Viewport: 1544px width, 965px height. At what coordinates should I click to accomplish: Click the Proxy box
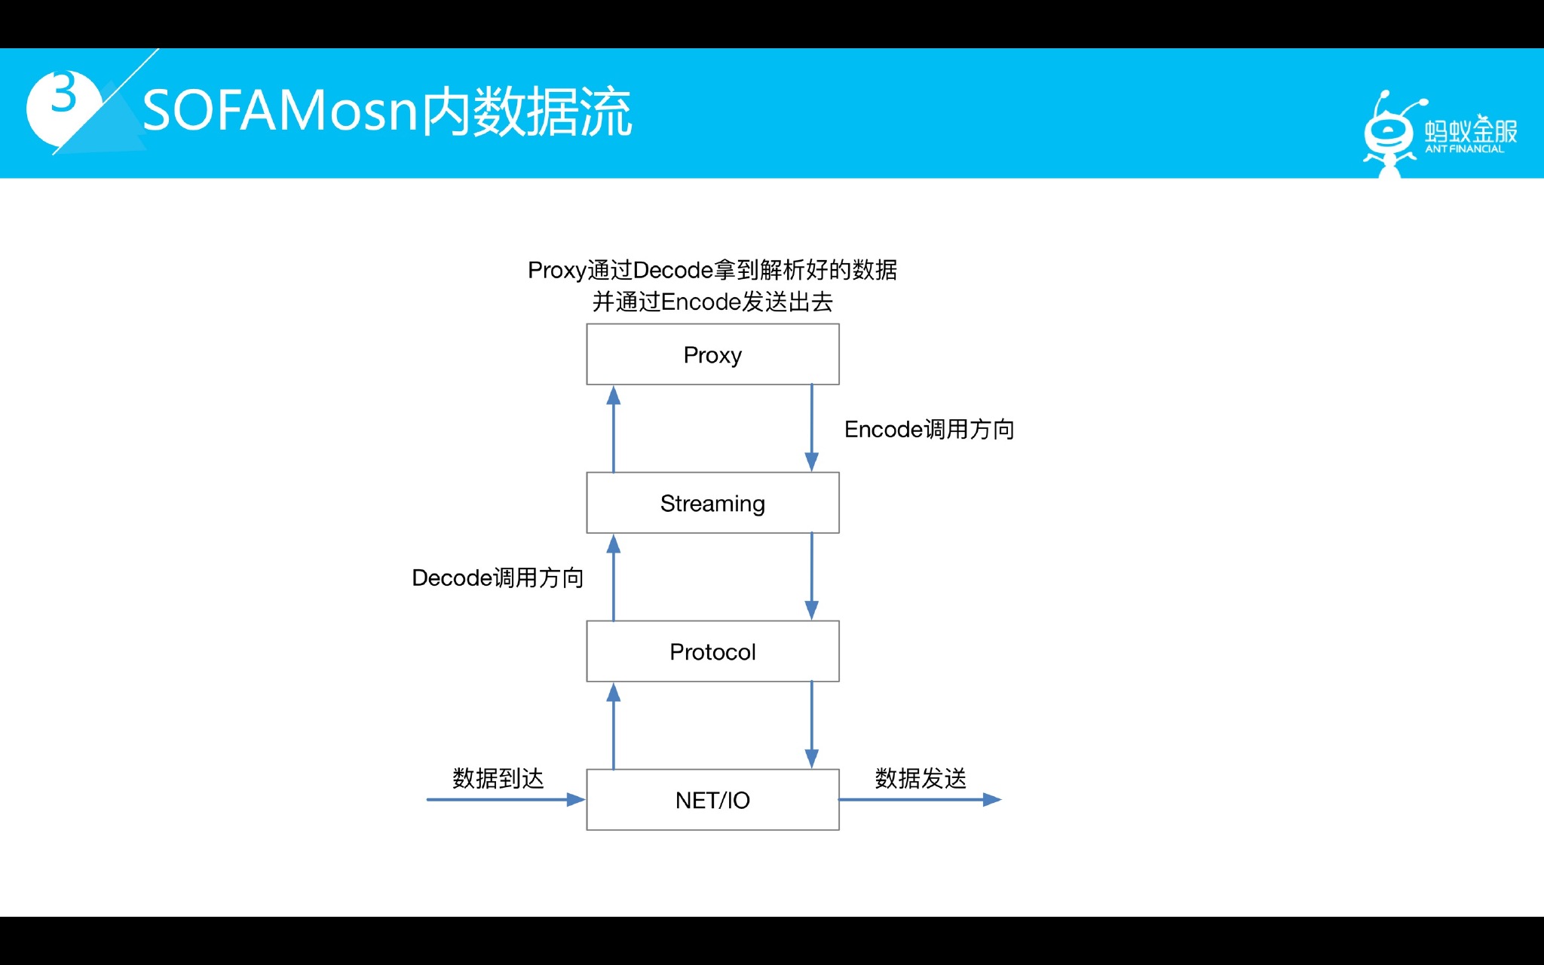712,354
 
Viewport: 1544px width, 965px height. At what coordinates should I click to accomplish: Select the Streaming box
712,503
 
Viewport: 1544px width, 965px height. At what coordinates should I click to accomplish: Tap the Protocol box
712,651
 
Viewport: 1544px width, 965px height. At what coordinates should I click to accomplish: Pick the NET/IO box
712,800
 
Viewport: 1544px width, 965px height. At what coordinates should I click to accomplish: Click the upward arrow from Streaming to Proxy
614,429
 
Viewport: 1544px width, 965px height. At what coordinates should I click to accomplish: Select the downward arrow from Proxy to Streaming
812,427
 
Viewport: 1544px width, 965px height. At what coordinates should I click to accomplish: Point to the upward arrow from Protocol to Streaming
614,577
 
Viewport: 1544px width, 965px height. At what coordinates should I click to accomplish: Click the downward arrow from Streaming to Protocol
812,576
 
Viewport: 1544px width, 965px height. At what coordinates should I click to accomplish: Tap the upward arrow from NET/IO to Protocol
614,726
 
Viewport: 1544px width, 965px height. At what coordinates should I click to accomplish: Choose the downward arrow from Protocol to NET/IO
812,725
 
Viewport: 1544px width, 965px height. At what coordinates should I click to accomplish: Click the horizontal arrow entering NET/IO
505,799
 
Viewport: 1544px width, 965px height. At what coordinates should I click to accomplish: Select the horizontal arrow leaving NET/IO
920,799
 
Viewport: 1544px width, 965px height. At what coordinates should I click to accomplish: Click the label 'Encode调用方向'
929,430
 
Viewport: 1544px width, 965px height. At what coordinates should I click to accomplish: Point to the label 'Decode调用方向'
498,578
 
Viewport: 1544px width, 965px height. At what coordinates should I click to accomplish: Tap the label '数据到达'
498,778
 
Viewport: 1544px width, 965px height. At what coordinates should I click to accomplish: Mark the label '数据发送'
921,778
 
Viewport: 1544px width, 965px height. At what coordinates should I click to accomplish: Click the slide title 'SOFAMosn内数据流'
387,112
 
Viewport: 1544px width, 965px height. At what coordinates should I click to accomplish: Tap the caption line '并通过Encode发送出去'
712,302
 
